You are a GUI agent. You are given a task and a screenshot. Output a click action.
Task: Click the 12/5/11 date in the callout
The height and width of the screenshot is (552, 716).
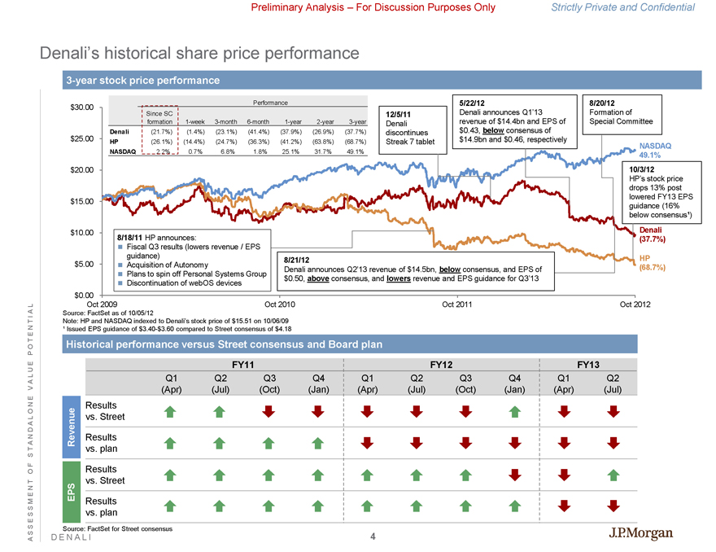400,113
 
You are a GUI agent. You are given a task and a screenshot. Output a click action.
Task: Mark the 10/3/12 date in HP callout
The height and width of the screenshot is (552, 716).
643,169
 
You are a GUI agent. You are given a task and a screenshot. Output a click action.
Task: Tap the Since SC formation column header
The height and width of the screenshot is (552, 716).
159,117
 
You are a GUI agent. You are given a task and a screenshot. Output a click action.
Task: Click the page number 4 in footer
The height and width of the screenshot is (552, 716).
372,537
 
